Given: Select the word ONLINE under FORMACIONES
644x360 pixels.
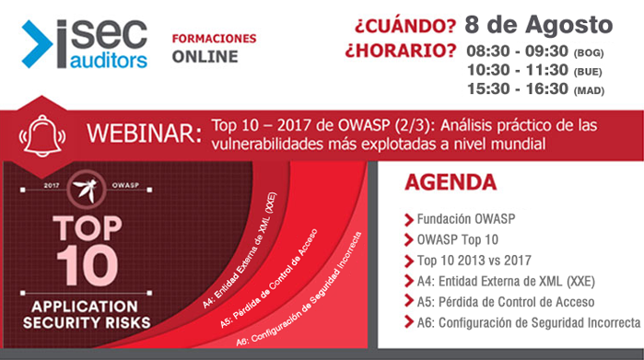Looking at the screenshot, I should [205, 57].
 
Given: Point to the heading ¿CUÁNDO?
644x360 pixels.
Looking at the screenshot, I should [399, 23].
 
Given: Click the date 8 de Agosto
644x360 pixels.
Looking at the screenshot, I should [539, 23].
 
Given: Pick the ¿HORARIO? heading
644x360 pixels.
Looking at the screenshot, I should [400, 48].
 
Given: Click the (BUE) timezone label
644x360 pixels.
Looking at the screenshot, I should [589, 71].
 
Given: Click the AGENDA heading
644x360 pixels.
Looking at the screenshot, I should [451, 182].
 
